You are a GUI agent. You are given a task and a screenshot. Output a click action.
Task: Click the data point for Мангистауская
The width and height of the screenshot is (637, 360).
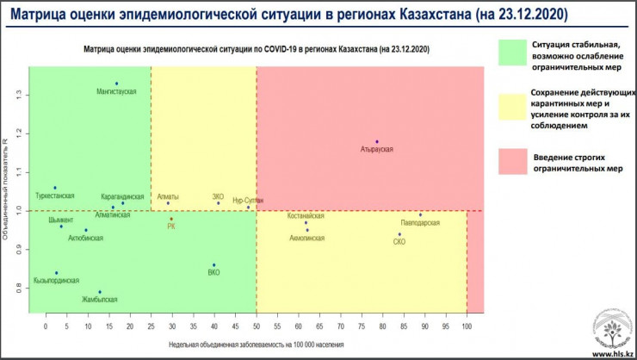pyautogui.click(x=116, y=84)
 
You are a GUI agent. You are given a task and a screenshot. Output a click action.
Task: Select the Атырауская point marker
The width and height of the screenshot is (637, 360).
pyautogui.click(x=377, y=141)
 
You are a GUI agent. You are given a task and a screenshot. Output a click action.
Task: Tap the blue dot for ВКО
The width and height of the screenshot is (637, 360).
pyautogui.click(x=214, y=265)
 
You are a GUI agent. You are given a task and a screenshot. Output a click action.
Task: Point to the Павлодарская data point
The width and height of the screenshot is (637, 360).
pyautogui.click(x=420, y=215)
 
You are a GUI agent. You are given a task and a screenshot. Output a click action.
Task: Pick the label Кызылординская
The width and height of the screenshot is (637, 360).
pyautogui.click(x=56, y=281)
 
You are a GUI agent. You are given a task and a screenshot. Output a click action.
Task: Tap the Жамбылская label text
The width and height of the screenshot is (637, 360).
pyautogui.click(x=100, y=300)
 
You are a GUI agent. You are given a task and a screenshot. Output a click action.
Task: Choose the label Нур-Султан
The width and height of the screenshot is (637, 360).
pyautogui.click(x=248, y=200)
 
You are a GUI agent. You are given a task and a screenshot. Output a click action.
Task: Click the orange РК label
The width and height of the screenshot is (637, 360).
pyautogui.click(x=171, y=227)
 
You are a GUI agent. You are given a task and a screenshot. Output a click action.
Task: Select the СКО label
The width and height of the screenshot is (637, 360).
pyautogui.click(x=399, y=242)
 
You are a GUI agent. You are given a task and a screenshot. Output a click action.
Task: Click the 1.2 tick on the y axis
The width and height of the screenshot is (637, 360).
pyautogui.click(x=20, y=133)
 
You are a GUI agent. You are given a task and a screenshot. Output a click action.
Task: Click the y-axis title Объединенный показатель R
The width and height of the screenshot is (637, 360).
pyautogui.click(x=6, y=189)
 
